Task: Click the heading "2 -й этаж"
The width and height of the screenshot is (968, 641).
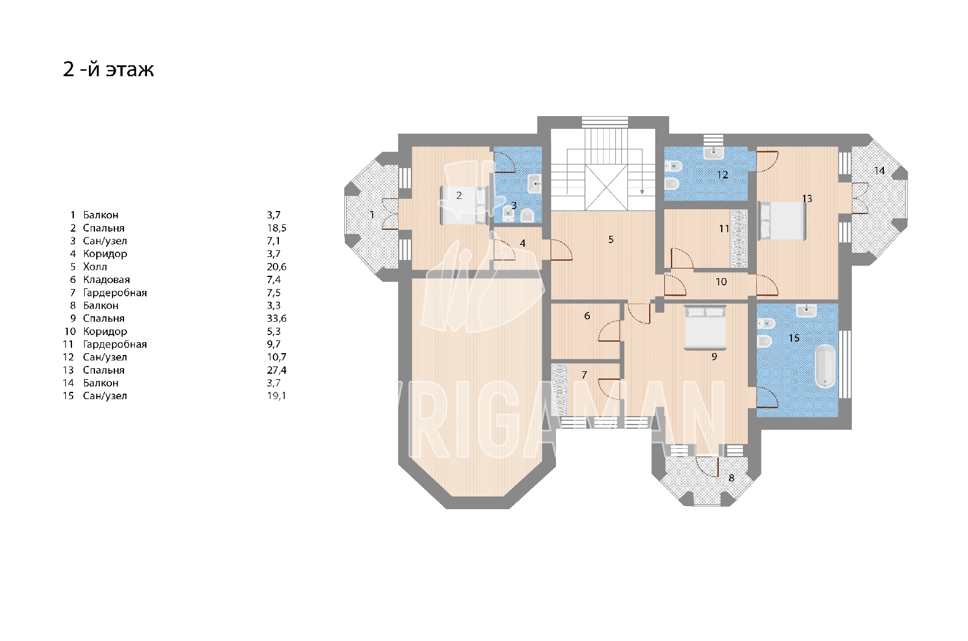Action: [x=108, y=69]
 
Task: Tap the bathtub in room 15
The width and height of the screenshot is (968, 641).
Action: [x=825, y=366]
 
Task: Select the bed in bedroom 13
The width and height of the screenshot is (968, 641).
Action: [x=783, y=221]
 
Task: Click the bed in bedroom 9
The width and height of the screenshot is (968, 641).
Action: [x=705, y=327]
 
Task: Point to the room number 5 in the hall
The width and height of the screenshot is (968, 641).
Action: [x=610, y=239]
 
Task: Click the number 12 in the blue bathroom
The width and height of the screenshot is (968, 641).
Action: [x=722, y=175]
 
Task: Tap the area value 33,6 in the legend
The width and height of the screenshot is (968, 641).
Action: [x=276, y=318]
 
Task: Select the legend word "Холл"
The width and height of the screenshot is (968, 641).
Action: [x=95, y=267]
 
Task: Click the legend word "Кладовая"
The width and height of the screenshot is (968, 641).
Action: [x=106, y=279]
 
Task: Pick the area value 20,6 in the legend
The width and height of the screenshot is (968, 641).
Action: [x=276, y=267]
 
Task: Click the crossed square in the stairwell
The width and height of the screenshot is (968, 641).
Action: [x=606, y=187]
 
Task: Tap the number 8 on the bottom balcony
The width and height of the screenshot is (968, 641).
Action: [x=731, y=478]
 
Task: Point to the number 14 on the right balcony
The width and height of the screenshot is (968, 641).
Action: [x=880, y=171]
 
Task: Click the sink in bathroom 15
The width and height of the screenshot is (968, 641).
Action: [x=806, y=310]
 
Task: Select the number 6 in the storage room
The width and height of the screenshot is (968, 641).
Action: [x=587, y=316]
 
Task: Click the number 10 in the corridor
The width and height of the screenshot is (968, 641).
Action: [x=721, y=282]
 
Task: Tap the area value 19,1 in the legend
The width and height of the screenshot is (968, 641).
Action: [x=276, y=395]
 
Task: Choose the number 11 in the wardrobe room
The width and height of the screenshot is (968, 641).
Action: [x=724, y=229]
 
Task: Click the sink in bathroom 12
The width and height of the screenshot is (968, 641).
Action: [x=714, y=152]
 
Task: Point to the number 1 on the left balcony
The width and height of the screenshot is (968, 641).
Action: [x=372, y=214]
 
